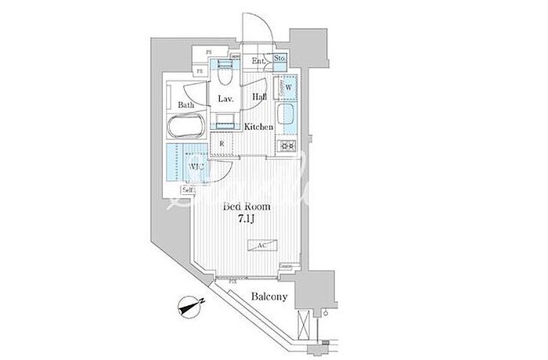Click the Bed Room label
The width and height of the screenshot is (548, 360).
(247, 207)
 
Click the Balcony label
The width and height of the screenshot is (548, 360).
(269, 297)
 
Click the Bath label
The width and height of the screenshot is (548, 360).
(186, 105)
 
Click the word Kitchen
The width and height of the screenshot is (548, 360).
(258, 127)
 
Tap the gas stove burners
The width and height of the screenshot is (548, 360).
(286, 146)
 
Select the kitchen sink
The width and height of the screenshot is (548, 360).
(287, 119)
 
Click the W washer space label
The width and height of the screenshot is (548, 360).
(287, 88)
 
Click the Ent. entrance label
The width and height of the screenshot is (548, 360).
(258, 60)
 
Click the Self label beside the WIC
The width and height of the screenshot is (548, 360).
(188, 189)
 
